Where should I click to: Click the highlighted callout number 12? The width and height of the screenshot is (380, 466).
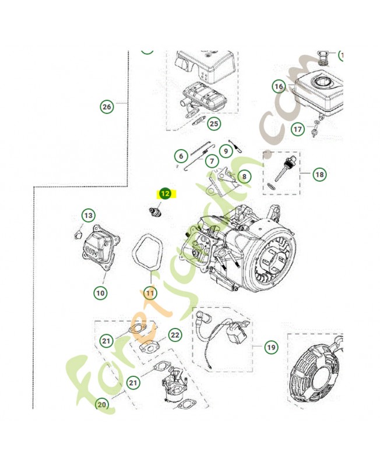[165, 195]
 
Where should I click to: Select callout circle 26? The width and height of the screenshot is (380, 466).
[106, 107]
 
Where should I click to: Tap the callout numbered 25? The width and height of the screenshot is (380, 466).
[214, 123]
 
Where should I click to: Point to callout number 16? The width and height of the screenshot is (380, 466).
[279, 87]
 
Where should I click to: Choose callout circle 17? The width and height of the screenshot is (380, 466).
[297, 129]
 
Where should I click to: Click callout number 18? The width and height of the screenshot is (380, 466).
[319, 174]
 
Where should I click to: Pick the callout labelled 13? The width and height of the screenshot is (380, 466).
[87, 216]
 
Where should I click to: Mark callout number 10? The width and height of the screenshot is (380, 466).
[101, 293]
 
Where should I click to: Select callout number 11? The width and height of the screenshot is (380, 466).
[150, 293]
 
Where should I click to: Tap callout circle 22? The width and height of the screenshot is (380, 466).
[175, 335]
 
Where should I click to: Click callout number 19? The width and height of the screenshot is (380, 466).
[270, 348]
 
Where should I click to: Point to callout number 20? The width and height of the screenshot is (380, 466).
[102, 405]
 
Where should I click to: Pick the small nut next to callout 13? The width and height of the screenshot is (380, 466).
[76, 234]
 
